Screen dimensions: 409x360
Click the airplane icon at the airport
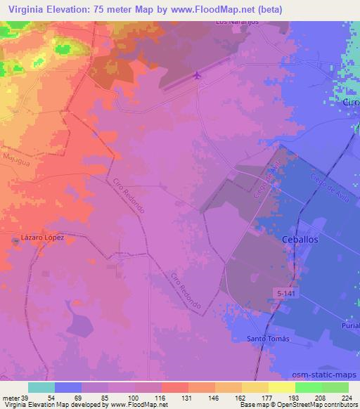198,74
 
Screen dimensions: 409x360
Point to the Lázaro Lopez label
42,238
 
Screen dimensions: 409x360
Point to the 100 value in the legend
133,396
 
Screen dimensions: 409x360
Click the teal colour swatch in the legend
41,387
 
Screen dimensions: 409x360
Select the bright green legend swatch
309,387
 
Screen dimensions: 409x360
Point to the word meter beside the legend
11,396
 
